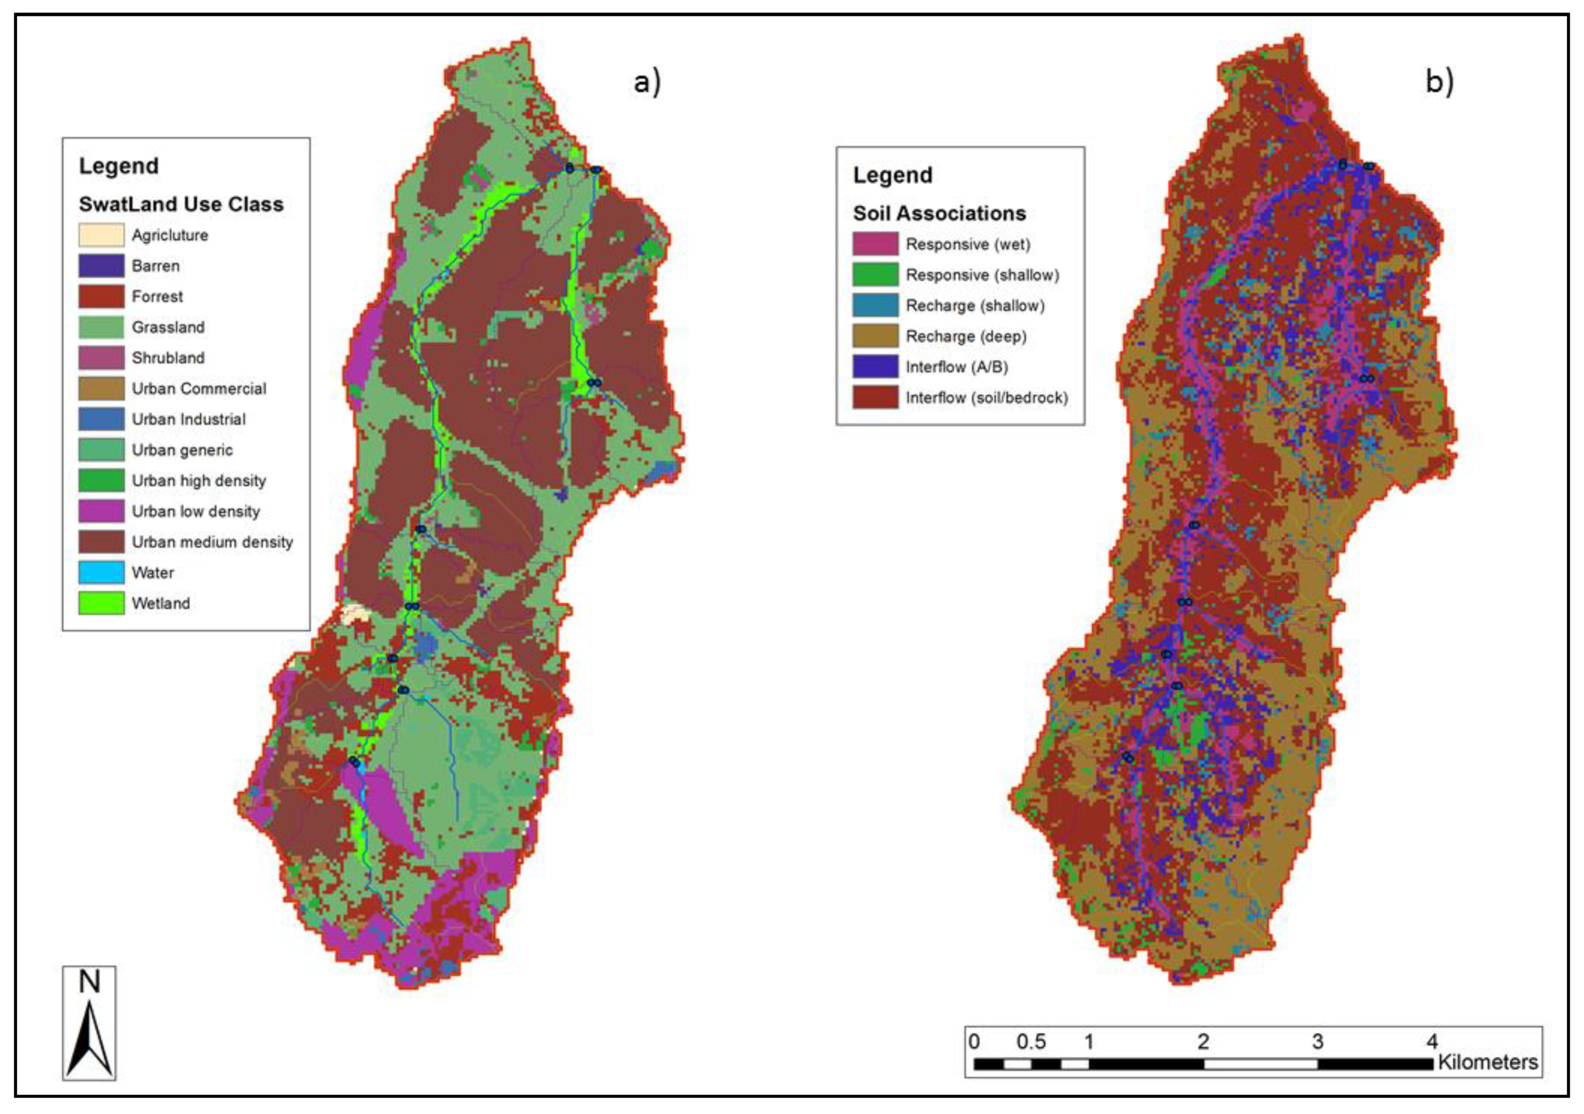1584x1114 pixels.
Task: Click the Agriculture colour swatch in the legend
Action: pyautogui.click(x=101, y=235)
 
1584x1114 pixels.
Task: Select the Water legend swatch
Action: pyautogui.click(x=101, y=572)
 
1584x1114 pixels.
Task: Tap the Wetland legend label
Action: pyautogui.click(x=161, y=603)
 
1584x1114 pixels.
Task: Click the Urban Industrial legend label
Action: pyautogui.click(x=188, y=419)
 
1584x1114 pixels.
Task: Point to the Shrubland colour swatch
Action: pyautogui.click(x=101, y=358)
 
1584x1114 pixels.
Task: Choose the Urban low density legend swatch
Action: pyautogui.click(x=101, y=511)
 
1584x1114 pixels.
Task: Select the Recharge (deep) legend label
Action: pyautogui.click(x=966, y=337)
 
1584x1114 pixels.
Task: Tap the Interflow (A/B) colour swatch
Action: pyautogui.click(x=875, y=367)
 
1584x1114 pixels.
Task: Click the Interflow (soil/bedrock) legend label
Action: pyautogui.click(x=986, y=398)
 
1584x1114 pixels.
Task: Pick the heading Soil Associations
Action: pyautogui.click(x=939, y=213)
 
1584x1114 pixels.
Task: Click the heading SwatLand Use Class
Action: pyautogui.click(x=181, y=204)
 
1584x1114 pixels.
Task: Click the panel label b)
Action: pyautogui.click(x=1439, y=82)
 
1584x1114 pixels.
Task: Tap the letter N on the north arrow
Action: pyautogui.click(x=89, y=982)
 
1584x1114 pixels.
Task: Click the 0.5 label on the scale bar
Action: pyautogui.click(x=1031, y=1041)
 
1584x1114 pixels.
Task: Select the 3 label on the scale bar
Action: pyautogui.click(x=1317, y=1041)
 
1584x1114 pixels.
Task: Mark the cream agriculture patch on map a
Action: pyautogui.click(x=355, y=613)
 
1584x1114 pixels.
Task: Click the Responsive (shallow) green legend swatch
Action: pyautogui.click(x=875, y=274)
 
